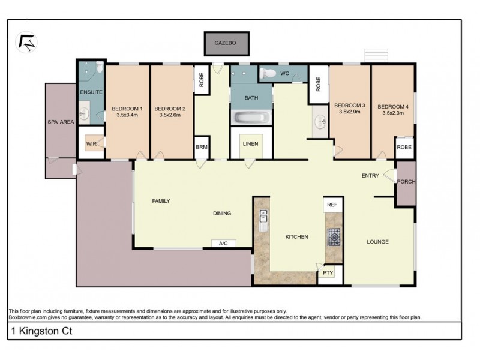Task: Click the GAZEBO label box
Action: pos(227,43)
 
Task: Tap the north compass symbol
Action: pos(26,42)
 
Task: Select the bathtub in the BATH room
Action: pos(251,117)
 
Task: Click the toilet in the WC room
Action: pos(268,73)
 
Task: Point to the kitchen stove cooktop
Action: pos(334,237)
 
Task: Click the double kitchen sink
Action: pos(263,216)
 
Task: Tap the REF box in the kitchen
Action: pos(332,205)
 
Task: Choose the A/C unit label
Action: pos(223,244)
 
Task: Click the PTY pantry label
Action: pos(328,272)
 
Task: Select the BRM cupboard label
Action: pos(202,147)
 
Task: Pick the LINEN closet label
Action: pos(250,143)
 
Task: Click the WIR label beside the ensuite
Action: pos(91,143)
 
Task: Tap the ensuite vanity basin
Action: pos(84,113)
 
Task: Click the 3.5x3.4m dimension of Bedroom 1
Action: pos(127,115)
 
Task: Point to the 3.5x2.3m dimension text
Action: pos(393,113)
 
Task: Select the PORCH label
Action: pos(406,182)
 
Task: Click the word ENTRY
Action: pos(370,175)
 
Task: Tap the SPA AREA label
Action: pos(61,122)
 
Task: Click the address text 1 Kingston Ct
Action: pos(41,331)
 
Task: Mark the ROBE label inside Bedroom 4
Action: pos(404,147)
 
